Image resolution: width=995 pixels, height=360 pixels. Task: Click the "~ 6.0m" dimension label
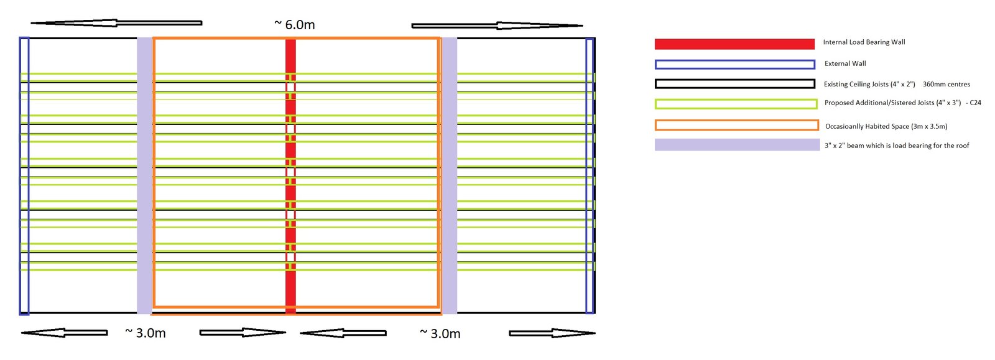click(295, 24)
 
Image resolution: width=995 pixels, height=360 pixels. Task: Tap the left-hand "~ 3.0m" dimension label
click(146, 333)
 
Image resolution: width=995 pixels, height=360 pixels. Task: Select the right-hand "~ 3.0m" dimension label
click(440, 333)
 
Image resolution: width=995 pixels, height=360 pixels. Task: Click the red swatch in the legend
click(734, 44)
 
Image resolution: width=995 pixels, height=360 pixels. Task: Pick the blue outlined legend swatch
click(735, 65)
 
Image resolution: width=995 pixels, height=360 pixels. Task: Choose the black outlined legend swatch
click(735, 84)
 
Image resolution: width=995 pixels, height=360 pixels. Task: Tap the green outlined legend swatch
click(736, 104)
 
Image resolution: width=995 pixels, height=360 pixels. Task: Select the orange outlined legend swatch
click(736, 125)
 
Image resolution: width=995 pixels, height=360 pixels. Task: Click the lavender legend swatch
click(738, 145)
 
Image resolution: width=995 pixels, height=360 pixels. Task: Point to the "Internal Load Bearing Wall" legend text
click(864, 42)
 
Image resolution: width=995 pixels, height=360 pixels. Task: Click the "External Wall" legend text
click(845, 63)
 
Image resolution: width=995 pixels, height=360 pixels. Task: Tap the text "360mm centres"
click(946, 85)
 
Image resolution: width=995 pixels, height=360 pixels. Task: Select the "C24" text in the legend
click(976, 103)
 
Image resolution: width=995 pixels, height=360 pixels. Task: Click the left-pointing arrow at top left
click(116, 22)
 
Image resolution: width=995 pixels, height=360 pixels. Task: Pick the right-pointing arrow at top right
click(497, 25)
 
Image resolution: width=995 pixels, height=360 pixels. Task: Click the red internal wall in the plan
click(290, 176)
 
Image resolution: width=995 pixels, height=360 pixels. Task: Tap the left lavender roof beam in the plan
click(145, 176)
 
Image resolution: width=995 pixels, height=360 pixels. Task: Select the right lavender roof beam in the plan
click(449, 176)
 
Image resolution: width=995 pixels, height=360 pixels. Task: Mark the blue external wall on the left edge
click(24, 176)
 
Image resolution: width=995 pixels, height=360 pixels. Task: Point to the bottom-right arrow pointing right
click(552, 333)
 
